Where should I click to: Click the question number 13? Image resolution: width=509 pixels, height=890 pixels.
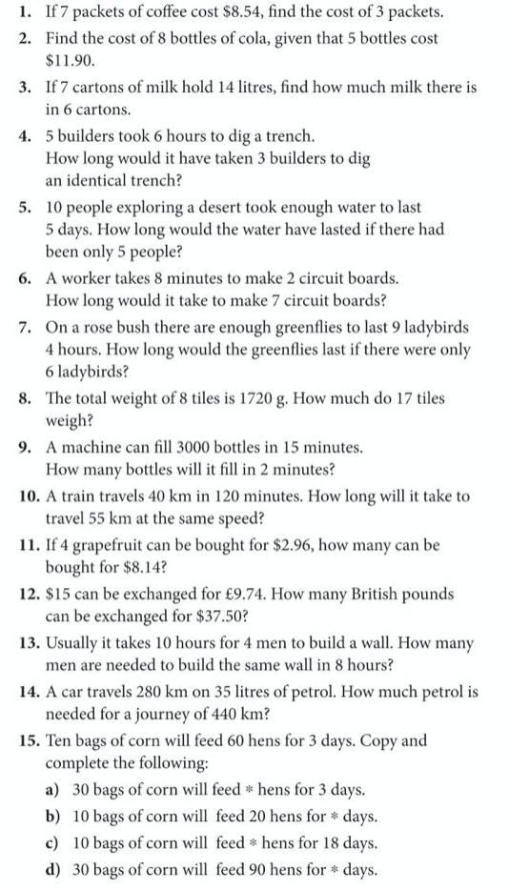tap(26, 643)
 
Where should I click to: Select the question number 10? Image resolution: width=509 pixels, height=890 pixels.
tap(26, 496)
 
